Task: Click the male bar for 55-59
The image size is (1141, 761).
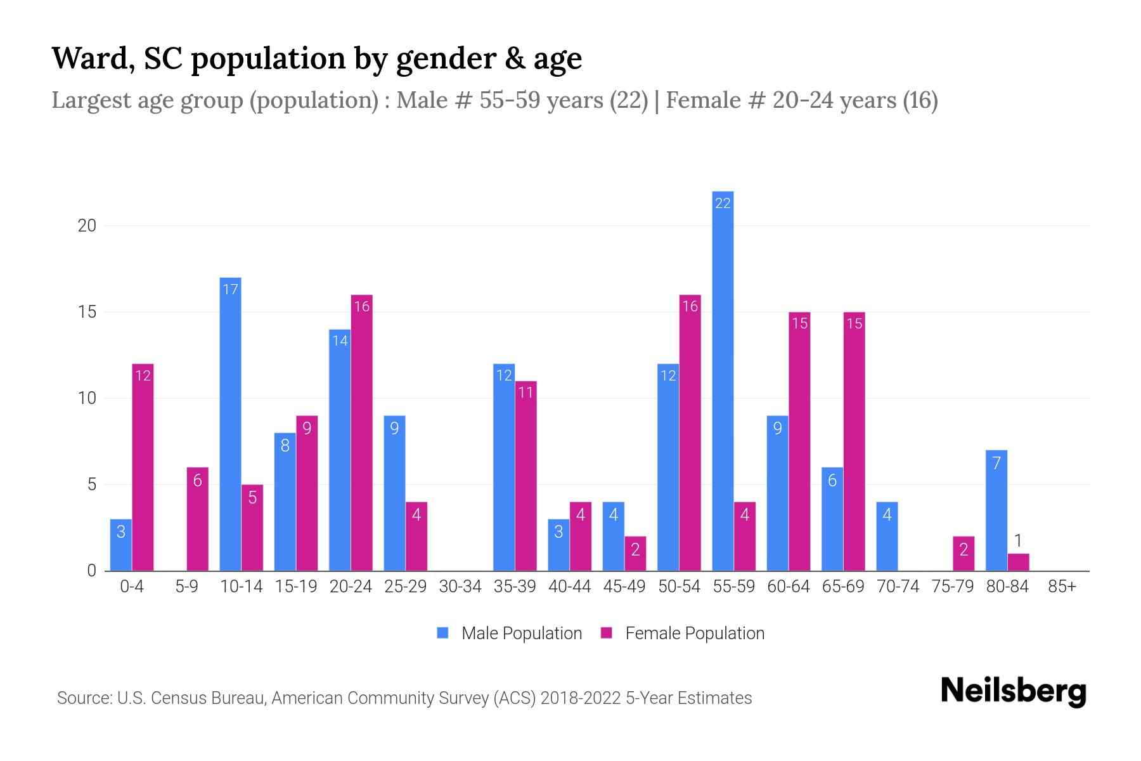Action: (723, 380)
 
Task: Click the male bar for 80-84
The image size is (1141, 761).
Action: (996, 511)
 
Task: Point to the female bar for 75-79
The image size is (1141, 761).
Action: (964, 554)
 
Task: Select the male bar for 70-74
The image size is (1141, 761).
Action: (887, 537)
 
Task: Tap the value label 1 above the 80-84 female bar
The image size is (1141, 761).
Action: (1018, 541)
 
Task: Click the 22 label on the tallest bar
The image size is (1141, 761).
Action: (723, 203)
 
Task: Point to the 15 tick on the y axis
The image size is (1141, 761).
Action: (87, 312)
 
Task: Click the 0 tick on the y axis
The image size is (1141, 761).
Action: (92, 571)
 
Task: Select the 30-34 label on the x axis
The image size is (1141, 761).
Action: (460, 587)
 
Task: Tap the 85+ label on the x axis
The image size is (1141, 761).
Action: (1062, 587)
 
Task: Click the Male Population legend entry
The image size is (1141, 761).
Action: (510, 633)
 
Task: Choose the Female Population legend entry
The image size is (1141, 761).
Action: (683, 633)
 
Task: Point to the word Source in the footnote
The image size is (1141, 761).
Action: (83, 698)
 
